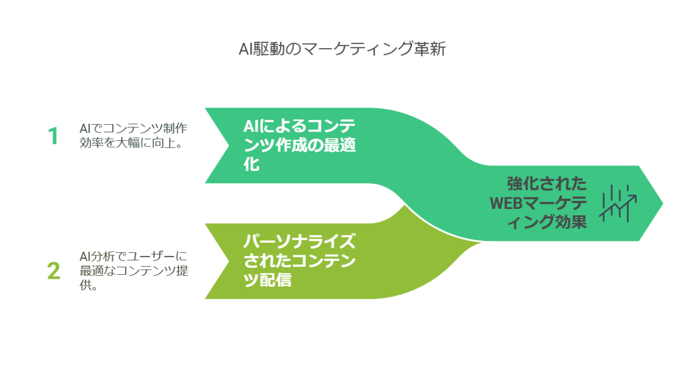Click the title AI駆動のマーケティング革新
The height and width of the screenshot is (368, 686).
342,50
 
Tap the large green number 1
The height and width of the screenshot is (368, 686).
53,136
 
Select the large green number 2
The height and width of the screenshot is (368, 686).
53,272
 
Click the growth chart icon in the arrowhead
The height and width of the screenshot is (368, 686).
618,203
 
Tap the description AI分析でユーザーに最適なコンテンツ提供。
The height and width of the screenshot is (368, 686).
134,271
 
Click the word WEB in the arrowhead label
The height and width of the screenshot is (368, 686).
503,203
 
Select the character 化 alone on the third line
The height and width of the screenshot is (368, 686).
252,165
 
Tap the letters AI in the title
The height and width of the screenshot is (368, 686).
245,50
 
